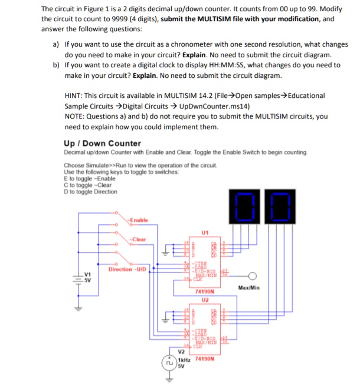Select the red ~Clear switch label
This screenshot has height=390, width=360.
139,239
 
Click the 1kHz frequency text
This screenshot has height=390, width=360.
184,359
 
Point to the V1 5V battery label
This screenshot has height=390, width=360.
89,278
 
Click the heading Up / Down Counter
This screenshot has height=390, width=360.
102,143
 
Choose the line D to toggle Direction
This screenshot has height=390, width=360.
90,192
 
